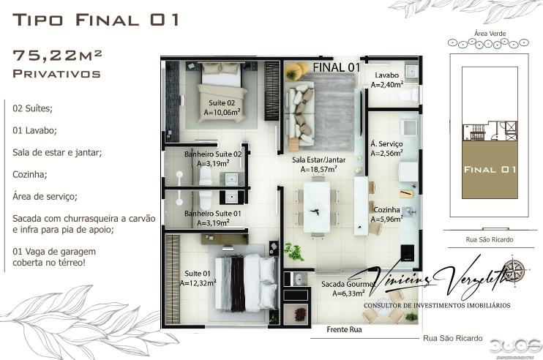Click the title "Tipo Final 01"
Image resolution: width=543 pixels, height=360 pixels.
96,20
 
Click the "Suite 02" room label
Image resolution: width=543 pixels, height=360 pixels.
222,103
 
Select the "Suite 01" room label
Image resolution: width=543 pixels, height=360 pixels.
198,274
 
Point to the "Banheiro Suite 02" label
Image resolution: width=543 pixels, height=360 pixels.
213,154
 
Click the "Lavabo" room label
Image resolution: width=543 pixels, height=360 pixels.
386,75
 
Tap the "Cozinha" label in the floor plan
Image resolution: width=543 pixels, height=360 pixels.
387,209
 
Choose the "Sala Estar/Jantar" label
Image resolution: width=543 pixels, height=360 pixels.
318,160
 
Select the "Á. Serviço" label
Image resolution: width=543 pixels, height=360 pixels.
386,144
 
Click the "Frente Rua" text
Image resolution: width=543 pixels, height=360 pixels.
344,330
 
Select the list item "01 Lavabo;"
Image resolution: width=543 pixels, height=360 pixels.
35,130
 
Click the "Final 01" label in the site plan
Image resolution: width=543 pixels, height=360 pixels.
490,169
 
